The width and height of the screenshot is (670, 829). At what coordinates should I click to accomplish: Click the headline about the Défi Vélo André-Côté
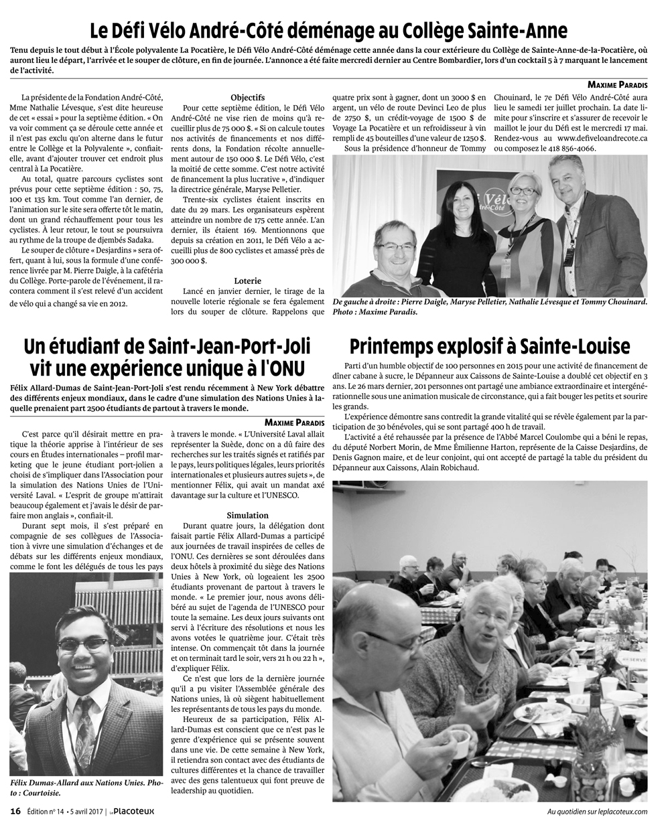coord(329,30)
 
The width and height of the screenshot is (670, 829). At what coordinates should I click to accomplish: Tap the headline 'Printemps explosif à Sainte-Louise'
coord(490,346)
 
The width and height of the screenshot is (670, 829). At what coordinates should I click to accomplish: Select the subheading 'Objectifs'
coord(247,98)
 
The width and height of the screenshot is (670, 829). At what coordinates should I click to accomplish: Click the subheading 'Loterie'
coord(248,281)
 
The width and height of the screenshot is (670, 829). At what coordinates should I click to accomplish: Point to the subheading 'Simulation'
coord(248,516)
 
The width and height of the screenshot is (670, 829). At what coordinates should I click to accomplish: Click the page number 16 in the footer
coord(15,812)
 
